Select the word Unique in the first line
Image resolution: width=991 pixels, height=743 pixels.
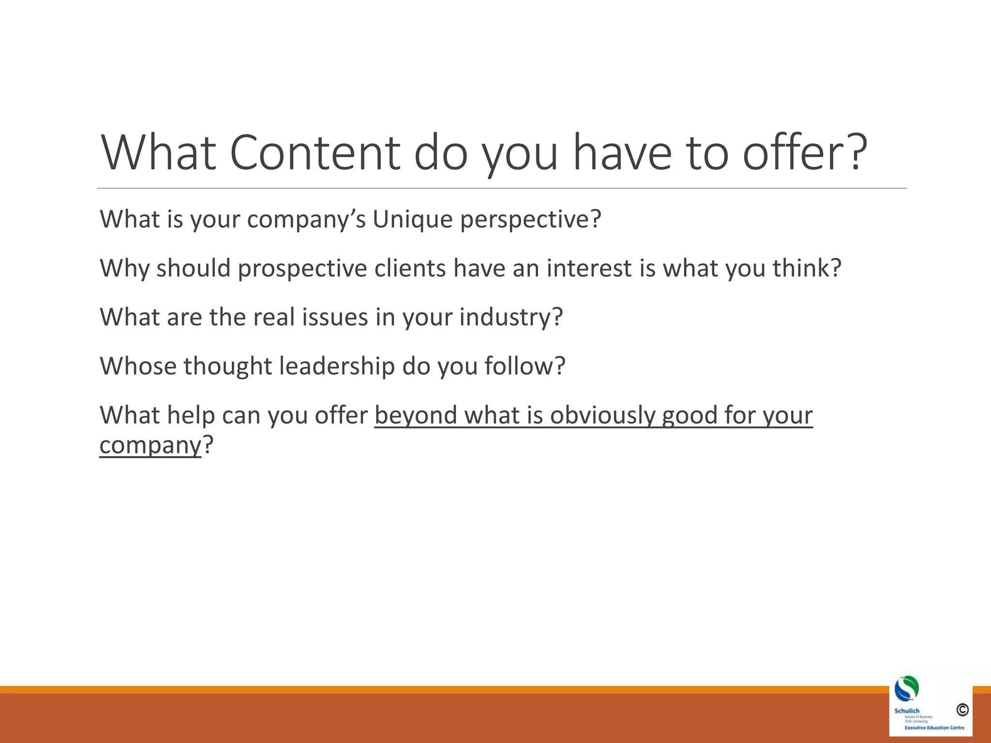coord(413,219)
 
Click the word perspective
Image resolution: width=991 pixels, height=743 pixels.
coord(530,220)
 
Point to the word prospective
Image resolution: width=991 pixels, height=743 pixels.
coord(302,268)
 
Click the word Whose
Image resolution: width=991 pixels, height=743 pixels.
coord(138,366)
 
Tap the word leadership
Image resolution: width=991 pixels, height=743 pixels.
coord(337,366)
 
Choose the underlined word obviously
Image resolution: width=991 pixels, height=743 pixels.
coord(602,416)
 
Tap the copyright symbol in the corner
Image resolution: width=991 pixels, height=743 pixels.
coord(962,710)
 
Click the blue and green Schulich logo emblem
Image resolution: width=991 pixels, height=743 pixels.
coord(906,688)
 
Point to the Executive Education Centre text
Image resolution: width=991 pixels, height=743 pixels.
coord(934,728)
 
